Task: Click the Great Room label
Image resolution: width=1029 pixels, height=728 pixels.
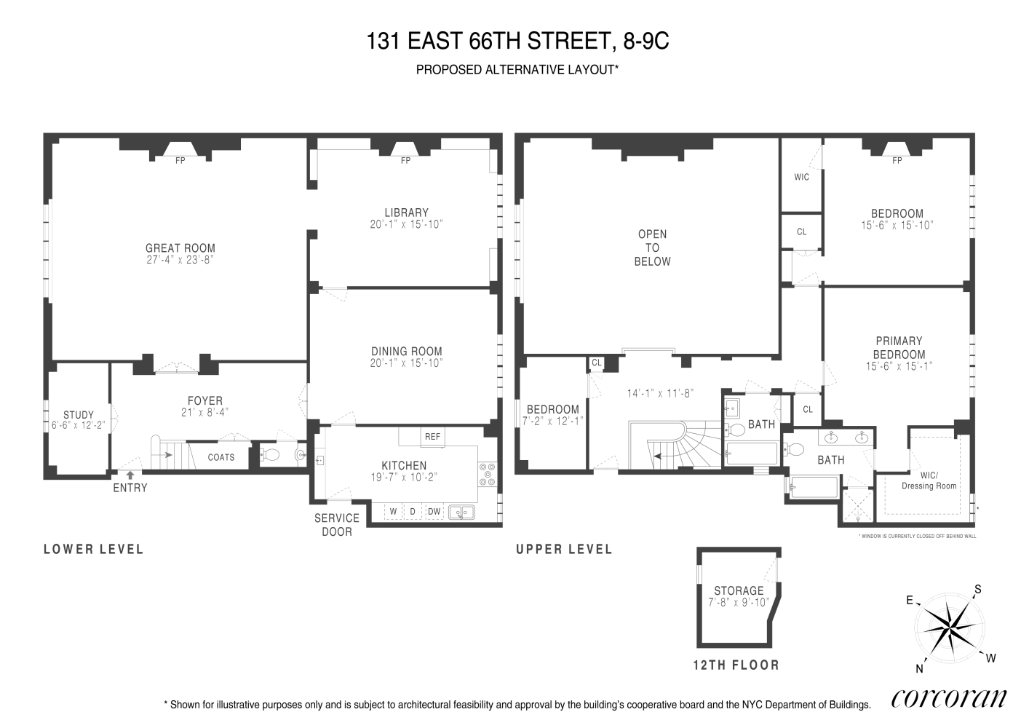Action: pyautogui.click(x=180, y=248)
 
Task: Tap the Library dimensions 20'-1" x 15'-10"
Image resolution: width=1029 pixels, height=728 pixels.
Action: pyautogui.click(x=406, y=225)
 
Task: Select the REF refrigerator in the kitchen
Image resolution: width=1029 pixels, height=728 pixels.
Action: pyautogui.click(x=432, y=437)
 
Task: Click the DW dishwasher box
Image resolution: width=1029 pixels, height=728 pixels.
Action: pyautogui.click(x=434, y=512)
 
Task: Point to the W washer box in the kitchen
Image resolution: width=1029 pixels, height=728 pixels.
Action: pyautogui.click(x=393, y=512)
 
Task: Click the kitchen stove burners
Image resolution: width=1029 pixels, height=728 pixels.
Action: pyautogui.click(x=487, y=474)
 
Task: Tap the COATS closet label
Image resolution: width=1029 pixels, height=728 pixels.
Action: pyautogui.click(x=220, y=457)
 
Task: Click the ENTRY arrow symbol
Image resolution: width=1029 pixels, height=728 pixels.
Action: pyautogui.click(x=130, y=475)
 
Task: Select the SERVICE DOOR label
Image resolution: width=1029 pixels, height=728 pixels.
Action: pyautogui.click(x=336, y=524)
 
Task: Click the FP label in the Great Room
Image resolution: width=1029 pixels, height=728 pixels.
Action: pyautogui.click(x=180, y=161)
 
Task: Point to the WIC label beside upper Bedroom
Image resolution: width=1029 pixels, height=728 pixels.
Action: pyautogui.click(x=801, y=177)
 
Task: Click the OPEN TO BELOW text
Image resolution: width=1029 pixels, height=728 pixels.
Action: pyautogui.click(x=652, y=248)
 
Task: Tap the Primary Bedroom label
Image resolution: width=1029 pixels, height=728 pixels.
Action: pyautogui.click(x=899, y=347)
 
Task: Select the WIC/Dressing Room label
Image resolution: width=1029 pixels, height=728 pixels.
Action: pyautogui.click(x=929, y=481)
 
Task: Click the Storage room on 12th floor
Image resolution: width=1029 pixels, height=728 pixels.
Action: pyautogui.click(x=738, y=596)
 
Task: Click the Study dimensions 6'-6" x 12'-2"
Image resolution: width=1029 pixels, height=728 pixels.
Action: pyautogui.click(x=78, y=425)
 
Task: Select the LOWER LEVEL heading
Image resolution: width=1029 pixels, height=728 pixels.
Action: pyautogui.click(x=93, y=549)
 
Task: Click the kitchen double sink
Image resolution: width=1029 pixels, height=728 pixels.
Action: pyautogui.click(x=461, y=513)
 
